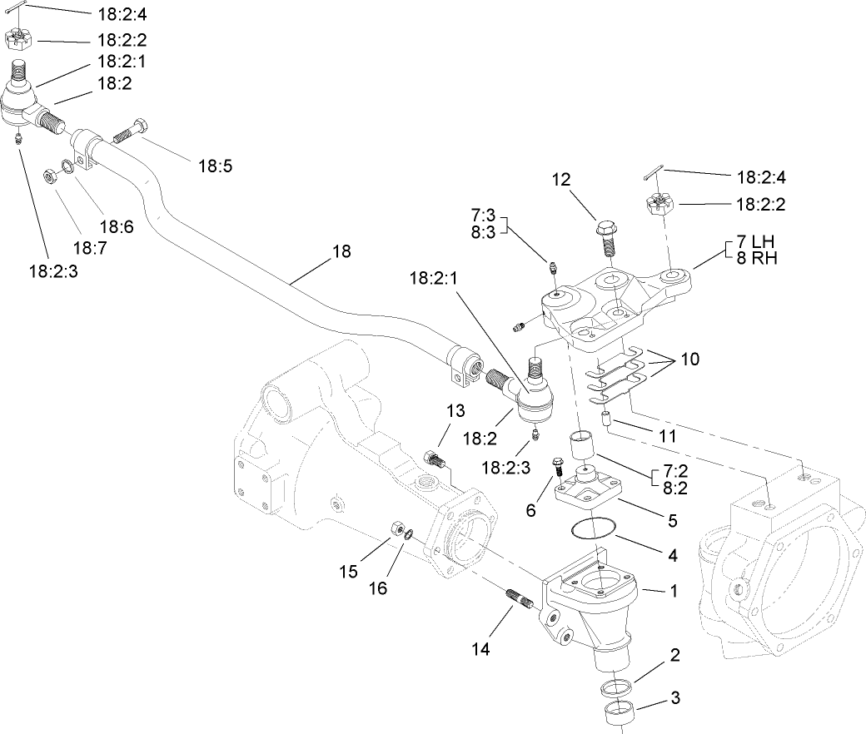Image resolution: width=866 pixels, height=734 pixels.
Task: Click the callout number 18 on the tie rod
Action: (x=341, y=250)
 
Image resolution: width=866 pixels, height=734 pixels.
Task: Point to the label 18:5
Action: (x=215, y=166)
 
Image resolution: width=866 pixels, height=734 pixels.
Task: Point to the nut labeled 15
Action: (x=398, y=529)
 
